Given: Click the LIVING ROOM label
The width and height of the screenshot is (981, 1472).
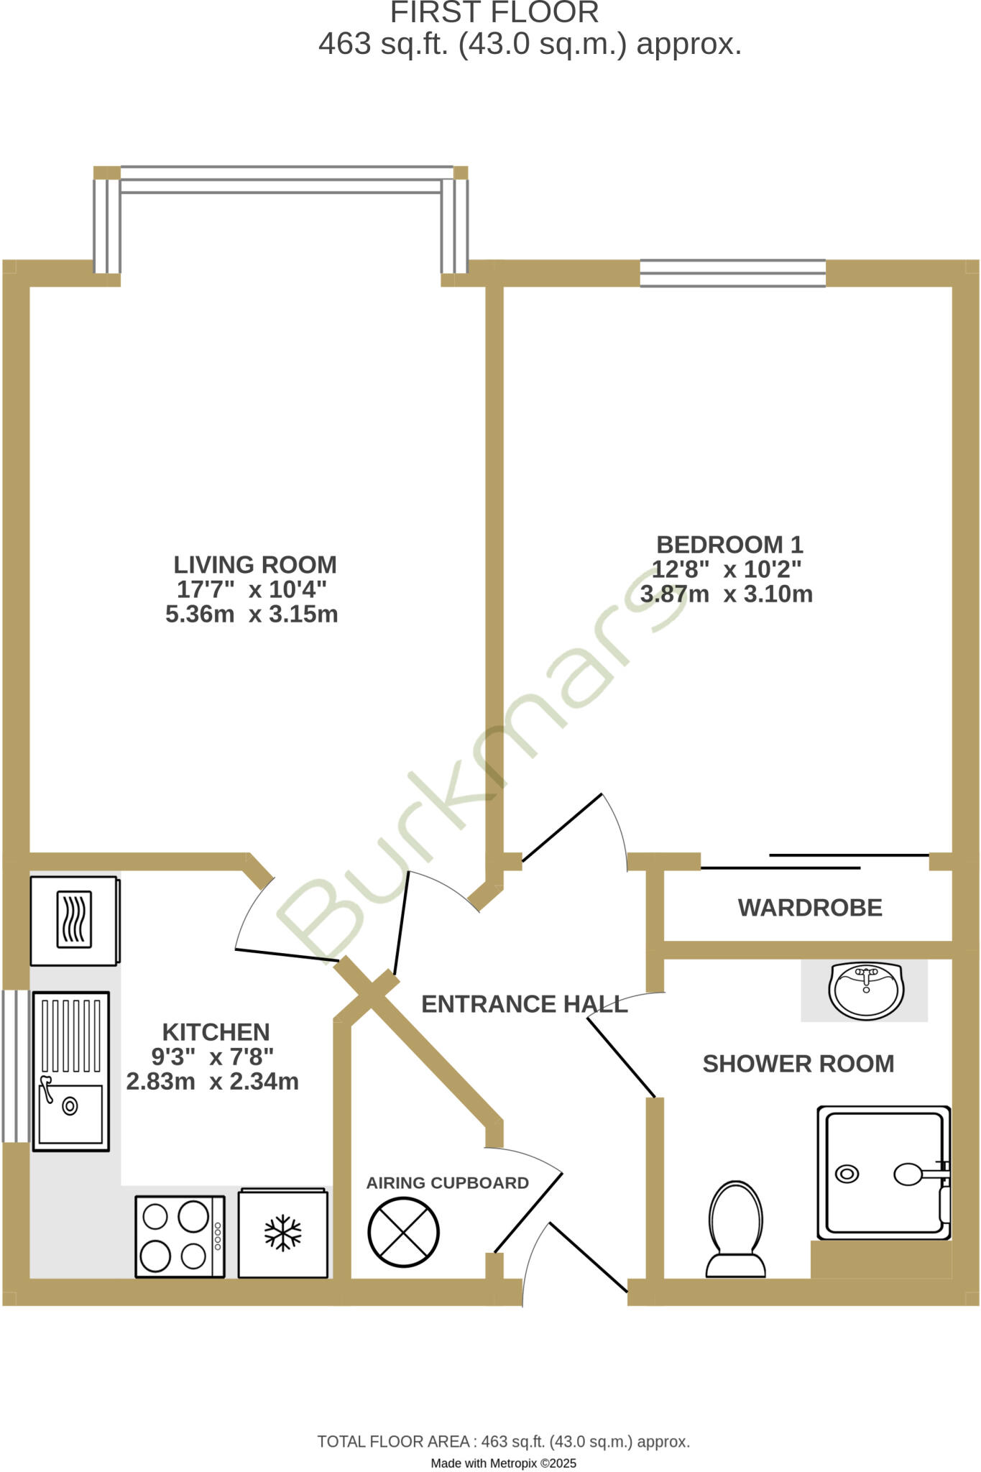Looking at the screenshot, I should click(x=255, y=564).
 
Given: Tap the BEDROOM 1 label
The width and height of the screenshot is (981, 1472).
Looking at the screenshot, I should click(x=729, y=544).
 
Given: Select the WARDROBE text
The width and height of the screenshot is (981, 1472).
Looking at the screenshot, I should click(x=810, y=908).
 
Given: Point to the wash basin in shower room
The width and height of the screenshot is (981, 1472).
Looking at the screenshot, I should click(x=866, y=991).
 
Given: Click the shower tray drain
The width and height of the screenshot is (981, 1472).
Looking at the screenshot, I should click(x=847, y=1174).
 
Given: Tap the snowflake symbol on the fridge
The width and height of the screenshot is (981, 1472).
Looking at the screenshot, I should click(x=283, y=1233).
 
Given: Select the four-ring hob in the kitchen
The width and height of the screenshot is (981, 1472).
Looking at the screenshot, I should click(x=180, y=1236).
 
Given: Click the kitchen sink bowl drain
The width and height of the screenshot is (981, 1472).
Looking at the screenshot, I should click(x=70, y=1106).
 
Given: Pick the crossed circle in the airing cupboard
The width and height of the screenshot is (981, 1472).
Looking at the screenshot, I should click(x=403, y=1232).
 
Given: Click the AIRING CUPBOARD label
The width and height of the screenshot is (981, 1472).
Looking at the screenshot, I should click(x=447, y=1183).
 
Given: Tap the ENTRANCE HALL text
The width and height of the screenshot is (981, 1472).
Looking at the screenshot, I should click(x=524, y=1004).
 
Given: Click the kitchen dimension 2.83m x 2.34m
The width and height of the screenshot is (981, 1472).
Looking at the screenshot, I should click(x=212, y=1081).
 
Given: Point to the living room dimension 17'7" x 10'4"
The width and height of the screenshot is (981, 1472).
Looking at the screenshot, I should click(x=252, y=589).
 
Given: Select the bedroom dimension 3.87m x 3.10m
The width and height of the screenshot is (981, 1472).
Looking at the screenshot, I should click(x=726, y=594).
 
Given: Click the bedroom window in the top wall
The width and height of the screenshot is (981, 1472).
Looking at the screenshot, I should click(x=732, y=273).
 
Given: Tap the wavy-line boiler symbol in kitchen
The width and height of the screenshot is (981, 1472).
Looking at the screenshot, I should click(x=74, y=919).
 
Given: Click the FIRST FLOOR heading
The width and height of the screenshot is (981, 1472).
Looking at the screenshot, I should click(x=494, y=13).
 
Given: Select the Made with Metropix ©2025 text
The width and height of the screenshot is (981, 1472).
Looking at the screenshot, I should click(x=503, y=1463).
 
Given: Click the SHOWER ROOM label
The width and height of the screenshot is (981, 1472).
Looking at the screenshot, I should click(x=798, y=1064).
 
